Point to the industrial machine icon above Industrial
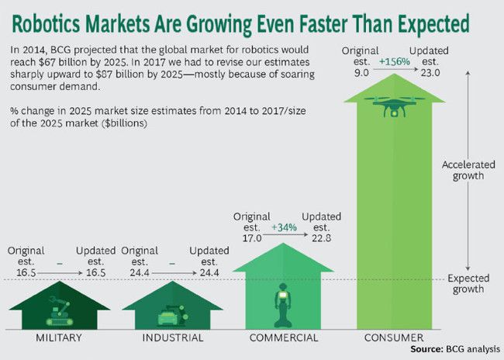[x=171, y=316]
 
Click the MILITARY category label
[x=60, y=338]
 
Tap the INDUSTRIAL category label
[x=173, y=338]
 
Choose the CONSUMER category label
[x=395, y=338]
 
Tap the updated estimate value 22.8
[x=318, y=238]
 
